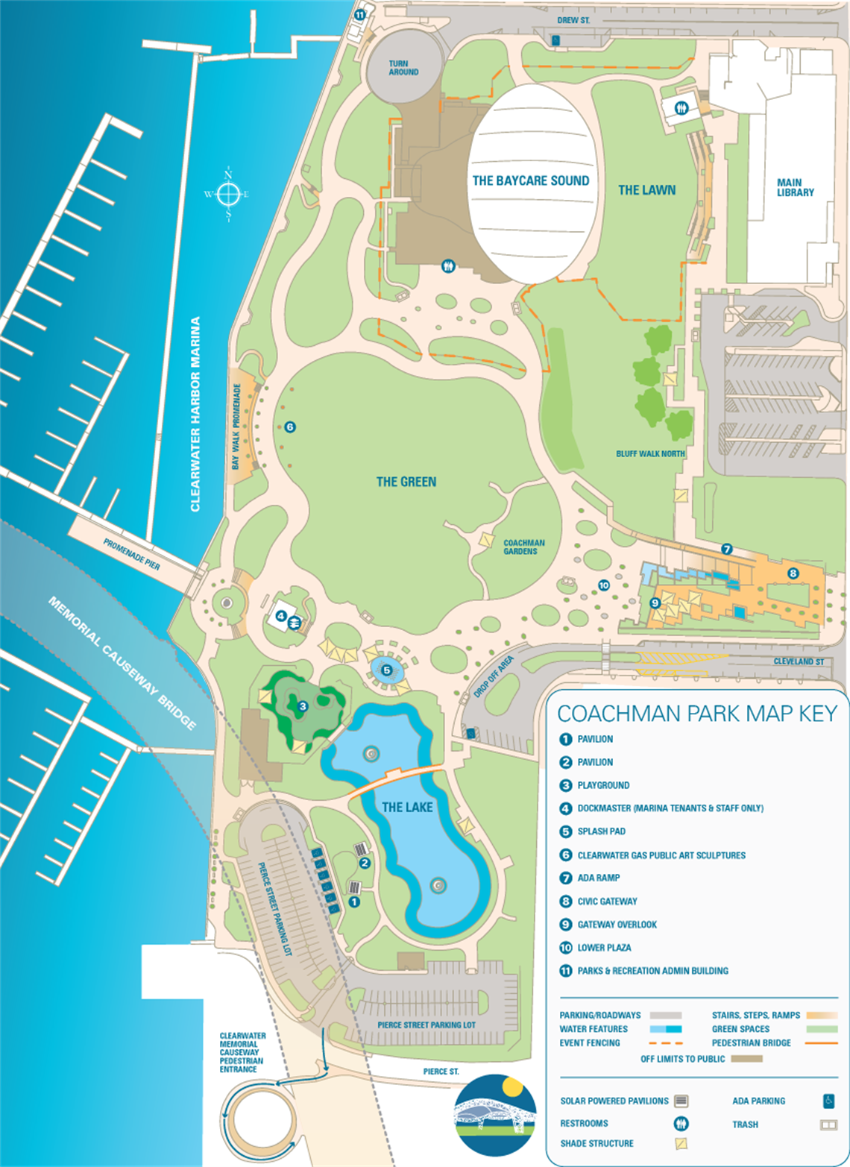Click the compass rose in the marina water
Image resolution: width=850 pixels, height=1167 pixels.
point(228,195)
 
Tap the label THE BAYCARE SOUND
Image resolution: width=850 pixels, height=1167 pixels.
point(531,180)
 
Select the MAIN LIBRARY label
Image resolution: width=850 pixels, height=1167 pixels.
point(795,187)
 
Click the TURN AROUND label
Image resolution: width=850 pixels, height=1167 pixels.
point(403,68)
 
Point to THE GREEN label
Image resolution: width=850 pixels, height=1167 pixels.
point(406,482)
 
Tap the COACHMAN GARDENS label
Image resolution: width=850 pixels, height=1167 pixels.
point(523,547)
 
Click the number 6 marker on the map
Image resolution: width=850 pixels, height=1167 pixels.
point(290,427)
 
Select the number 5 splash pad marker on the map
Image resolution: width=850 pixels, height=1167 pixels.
point(386,670)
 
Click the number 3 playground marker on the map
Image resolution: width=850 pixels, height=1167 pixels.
point(302,706)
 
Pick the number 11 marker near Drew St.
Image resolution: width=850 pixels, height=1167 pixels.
point(360,14)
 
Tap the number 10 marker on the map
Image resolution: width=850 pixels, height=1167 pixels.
point(604,585)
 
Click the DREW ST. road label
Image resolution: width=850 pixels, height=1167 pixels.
point(573,20)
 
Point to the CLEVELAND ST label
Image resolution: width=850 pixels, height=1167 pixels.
point(799,661)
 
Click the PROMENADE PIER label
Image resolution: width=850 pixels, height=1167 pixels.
point(131,554)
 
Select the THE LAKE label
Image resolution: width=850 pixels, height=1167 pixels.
point(407,807)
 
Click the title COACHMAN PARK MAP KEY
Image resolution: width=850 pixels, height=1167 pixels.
point(697,714)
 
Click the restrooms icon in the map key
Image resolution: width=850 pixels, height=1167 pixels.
point(680,1123)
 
